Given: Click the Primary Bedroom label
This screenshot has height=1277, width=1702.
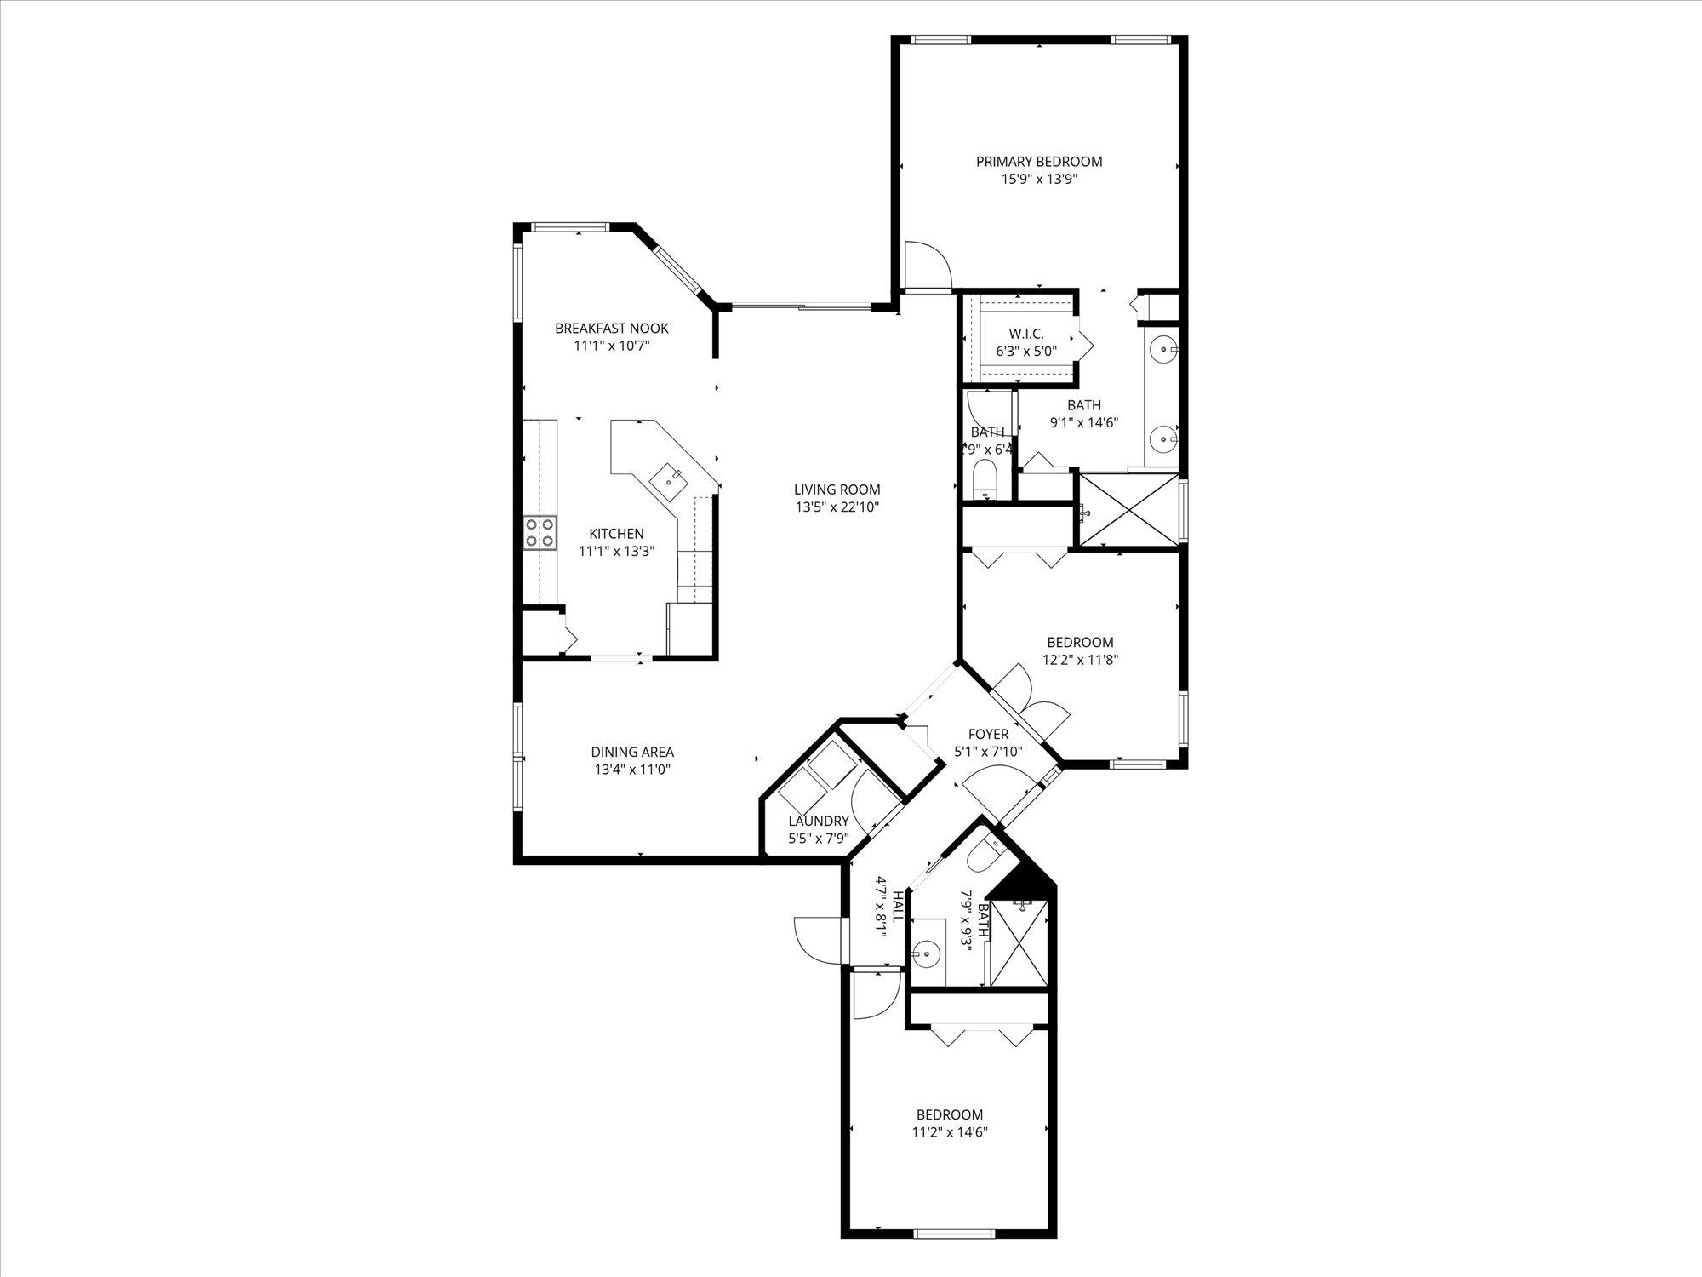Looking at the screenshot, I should click(1038, 162).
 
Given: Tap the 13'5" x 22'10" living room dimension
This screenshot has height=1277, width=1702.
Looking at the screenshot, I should click(837, 507).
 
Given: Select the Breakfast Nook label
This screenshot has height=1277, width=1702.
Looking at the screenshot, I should click(611, 328).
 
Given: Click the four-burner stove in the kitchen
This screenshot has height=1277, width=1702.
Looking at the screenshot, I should click(540, 533).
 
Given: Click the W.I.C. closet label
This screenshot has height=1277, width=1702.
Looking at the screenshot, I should click(1025, 334).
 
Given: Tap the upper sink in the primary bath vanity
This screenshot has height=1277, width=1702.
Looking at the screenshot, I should click(1163, 348).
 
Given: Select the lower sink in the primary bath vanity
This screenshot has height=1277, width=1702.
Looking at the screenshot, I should click(1163, 439).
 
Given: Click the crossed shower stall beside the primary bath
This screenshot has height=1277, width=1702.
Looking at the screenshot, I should click(1128, 509).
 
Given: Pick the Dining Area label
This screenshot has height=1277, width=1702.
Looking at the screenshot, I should click(632, 752).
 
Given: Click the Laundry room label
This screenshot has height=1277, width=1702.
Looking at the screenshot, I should click(818, 821).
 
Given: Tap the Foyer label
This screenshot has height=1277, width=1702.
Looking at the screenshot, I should click(988, 734).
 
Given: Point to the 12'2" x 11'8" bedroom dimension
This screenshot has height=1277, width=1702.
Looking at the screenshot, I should click(1080, 659).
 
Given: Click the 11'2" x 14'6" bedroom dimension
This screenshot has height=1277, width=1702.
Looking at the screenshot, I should click(949, 1132).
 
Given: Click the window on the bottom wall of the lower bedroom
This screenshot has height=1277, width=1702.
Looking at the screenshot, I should click(953, 1257).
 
